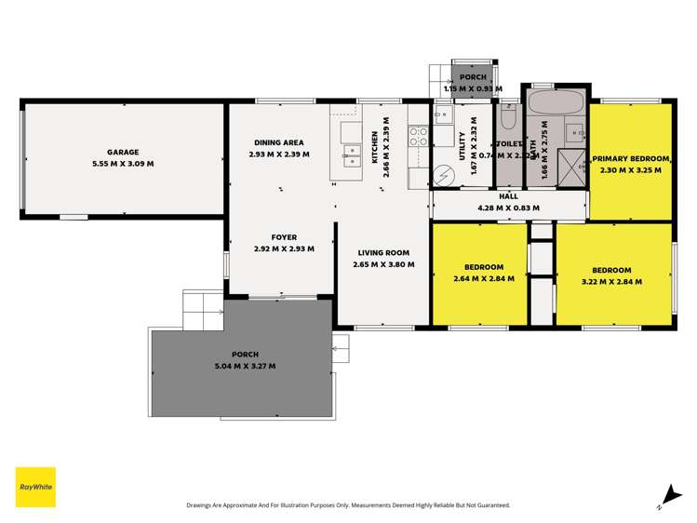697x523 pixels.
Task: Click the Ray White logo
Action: (x=35, y=487)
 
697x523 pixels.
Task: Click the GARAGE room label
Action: (x=123, y=152)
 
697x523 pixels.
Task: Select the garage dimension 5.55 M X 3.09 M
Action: (x=123, y=164)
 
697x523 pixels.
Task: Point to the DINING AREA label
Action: (x=279, y=142)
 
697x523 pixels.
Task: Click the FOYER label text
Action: (x=284, y=237)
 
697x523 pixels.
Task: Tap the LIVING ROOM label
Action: (x=383, y=252)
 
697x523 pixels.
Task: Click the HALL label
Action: (x=508, y=196)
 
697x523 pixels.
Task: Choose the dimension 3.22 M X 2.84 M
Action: (x=613, y=278)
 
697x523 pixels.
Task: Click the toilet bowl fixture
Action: (x=508, y=117)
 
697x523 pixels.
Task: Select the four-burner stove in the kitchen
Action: (x=419, y=137)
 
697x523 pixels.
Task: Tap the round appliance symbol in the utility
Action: (x=444, y=174)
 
